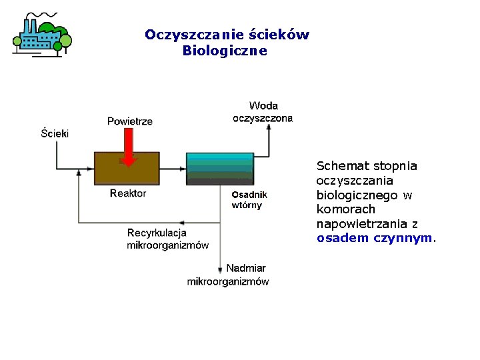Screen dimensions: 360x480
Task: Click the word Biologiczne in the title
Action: (x=225, y=51)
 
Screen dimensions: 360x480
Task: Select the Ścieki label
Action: (x=55, y=133)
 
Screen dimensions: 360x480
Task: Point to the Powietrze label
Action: (x=130, y=121)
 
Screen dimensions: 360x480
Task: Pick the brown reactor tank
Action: (x=127, y=169)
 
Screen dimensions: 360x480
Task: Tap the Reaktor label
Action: (x=128, y=193)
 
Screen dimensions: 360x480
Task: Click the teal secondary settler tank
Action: (x=219, y=168)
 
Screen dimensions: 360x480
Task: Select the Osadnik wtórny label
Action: (x=249, y=199)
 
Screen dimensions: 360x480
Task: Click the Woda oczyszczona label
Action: (x=263, y=112)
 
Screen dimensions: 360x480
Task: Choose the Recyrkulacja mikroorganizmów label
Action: (x=167, y=239)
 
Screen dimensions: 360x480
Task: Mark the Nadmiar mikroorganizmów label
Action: (x=229, y=275)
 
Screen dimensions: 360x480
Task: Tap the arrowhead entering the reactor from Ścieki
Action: (x=89, y=168)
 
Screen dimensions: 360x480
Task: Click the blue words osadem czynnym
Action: (x=375, y=238)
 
